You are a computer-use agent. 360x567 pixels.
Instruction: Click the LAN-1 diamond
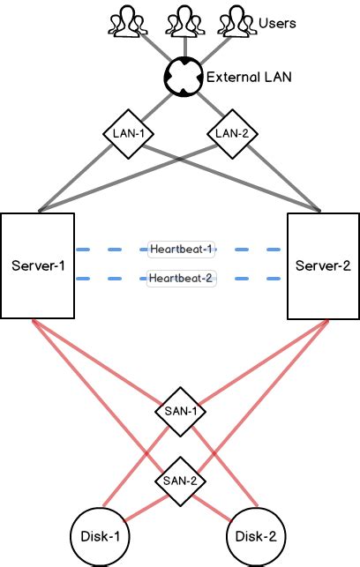(x=129, y=134)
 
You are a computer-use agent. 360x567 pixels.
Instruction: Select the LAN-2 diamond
(x=232, y=134)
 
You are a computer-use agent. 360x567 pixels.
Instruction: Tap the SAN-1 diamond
(x=181, y=412)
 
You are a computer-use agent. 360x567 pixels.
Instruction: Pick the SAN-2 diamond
(x=181, y=481)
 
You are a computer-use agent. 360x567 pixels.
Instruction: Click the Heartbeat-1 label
(x=181, y=250)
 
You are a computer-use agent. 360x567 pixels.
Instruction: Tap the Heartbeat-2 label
(x=181, y=279)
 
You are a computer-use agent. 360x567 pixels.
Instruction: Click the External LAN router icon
(x=182, y=77)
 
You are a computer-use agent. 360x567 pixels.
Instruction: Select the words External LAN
(x=249, y=77)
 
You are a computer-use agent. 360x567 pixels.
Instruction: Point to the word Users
(x=277, y=23)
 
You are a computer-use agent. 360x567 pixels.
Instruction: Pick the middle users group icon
(x=185, y=21)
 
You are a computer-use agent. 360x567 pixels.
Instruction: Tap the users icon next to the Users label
(x=237, y=21)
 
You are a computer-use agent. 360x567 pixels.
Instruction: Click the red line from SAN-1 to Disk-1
(x=137, y=466)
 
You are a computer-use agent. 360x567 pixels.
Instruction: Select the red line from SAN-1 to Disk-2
(x=225, y=466)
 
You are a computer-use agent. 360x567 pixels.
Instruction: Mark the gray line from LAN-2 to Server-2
(x=284, y=178)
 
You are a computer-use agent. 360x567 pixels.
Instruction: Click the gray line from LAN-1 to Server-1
(x=76, y=178)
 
